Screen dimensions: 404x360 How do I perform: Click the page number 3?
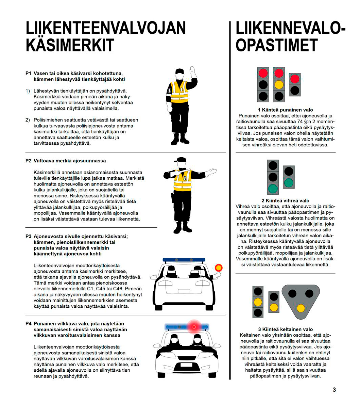[x=334, y=390]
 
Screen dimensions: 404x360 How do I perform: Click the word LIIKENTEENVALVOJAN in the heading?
[x=106, y=28]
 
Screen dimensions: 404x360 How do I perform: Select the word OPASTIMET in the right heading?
[x=276, y=45]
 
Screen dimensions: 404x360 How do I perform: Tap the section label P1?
[x=28, y=74]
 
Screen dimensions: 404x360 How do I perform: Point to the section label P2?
[x=28, y=161]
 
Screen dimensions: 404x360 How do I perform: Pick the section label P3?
[x=28, y=236]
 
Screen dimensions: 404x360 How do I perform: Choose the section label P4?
[x=28, y=323]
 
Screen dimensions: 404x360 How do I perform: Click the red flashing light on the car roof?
[x=194, y=327]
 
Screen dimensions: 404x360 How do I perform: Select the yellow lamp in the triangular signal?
[x=301, y=308]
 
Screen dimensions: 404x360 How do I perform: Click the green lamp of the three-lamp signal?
[x=273, y=188]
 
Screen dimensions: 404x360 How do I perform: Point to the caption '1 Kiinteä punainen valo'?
[x=285, y=110]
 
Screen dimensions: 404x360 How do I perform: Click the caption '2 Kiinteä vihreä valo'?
[x=285, y=200]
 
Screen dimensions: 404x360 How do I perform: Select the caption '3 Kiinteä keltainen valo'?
[x=285, y=329]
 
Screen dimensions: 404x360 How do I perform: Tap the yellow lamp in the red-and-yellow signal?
[x=279, y=84]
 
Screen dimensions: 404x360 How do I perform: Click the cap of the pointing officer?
[x=180, y=160]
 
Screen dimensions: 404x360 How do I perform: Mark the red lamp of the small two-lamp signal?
[x=294, y=79]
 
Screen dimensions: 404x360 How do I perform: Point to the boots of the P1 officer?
[x=180, y=139]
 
